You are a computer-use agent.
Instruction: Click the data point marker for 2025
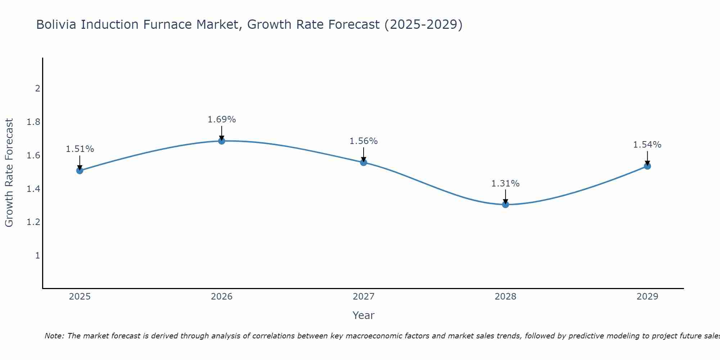80,170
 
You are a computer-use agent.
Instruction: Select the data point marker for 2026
222,141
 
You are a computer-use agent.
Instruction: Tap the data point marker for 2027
364,162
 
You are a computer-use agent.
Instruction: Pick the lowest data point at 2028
505,204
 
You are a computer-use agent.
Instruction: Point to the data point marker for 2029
647,166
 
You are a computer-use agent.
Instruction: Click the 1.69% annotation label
222,120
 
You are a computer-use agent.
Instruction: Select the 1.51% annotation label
80,149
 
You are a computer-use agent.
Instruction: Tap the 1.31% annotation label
505,184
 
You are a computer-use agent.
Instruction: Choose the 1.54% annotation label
647,145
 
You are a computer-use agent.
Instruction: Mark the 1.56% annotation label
364,141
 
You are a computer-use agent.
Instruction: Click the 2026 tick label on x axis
222,297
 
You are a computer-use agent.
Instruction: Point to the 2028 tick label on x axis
505,297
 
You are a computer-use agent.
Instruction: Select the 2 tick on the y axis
37,89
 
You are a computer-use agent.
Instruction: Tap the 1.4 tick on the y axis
33,189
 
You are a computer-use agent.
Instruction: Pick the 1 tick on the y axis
37,256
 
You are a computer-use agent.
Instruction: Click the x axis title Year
364,315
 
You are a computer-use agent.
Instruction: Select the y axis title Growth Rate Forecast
9,173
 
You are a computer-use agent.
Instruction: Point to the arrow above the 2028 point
505,196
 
